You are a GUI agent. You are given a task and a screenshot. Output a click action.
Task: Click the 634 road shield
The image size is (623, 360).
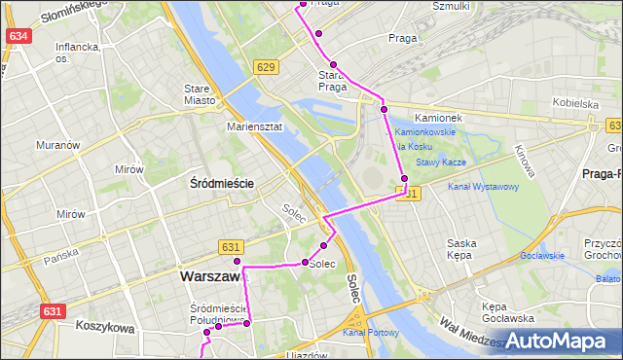[x=18, y=36]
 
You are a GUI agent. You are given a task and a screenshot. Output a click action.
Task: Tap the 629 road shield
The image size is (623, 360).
[x=266, y=66]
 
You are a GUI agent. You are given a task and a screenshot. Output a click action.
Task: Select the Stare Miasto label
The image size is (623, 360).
[x=198, y=94]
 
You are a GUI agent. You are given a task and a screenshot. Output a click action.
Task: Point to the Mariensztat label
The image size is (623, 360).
[x=254, y=126]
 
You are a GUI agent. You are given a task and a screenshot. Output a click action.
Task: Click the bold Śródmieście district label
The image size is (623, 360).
[x=221, y=183]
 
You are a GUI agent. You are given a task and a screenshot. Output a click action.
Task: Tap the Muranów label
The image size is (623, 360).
[x=56, y=145]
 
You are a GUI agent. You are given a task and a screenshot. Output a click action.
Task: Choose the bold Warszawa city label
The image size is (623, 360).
[x=211, y=277]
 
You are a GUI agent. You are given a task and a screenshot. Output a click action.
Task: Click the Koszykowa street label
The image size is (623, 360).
[x=103, y=329]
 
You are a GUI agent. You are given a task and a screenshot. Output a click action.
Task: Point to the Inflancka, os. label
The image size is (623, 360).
[x=78, y=52]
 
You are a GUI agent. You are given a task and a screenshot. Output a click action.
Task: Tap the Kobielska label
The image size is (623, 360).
[x=574, y=103]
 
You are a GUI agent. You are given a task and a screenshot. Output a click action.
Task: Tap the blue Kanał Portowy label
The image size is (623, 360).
[x=370, y=334]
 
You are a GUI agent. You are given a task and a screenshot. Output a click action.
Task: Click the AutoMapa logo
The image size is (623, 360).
[x=559, y=342]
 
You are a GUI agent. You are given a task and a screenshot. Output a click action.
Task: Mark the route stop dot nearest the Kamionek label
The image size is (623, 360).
[x=385, y=109]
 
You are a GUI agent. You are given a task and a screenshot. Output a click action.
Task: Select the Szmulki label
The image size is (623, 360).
[x=451, y=6]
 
